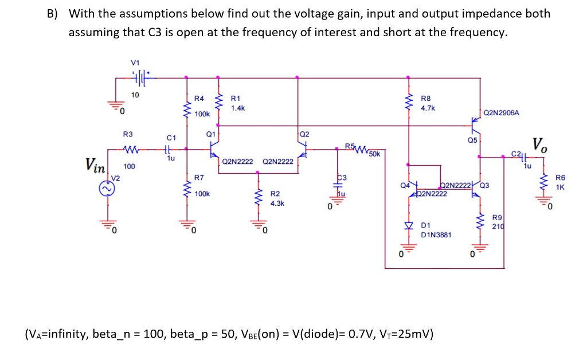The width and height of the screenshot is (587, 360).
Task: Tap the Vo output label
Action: point(539,145)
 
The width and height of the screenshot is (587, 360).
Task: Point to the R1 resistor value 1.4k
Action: point(238,108)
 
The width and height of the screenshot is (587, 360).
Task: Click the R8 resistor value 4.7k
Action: point(428,107)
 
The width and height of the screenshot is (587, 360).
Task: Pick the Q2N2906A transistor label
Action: point(502,113)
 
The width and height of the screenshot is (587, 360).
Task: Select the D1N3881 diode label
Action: point(436,235)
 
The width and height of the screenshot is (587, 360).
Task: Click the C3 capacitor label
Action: point(342,178)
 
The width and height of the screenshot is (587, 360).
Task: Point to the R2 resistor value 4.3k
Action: point(277,203)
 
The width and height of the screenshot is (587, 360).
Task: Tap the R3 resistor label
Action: point(128,134)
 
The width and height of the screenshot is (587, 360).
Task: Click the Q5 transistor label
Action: point(472,139)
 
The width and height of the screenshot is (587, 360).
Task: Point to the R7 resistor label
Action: point(199,178)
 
